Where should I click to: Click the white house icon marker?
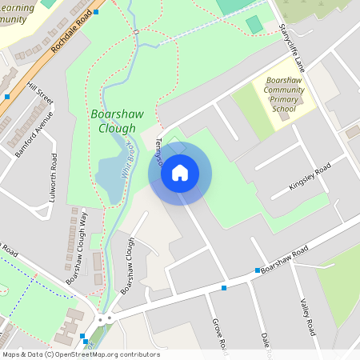(x=180, y=172)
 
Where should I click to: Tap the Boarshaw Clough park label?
(x=117, y=121)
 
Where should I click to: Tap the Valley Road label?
(x=308, y=317)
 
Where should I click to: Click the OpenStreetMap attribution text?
(x=81, y=354)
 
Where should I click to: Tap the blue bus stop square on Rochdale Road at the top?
(x=96, y=12)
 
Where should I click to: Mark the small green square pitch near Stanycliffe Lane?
(x=254, y=25)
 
